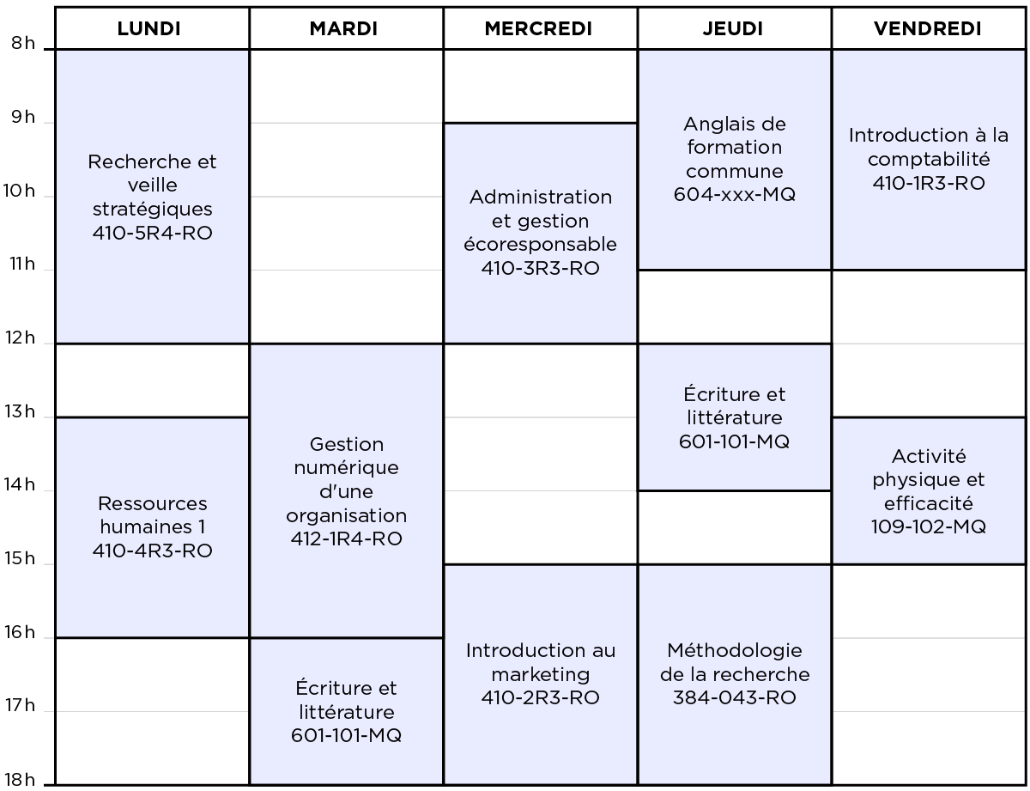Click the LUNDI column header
point(148,29)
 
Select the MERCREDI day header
point(538,29)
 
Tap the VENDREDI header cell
point(927,29)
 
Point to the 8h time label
point(23,43)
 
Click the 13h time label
point(20,411)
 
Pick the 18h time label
point(20,780)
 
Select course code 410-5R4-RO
point(152,233)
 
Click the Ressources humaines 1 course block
point(152,527)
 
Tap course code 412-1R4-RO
point(347,538)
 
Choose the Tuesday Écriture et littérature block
point(347,711)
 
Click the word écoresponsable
point(541,245)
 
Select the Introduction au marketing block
point(541,674)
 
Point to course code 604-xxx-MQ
point(734,194)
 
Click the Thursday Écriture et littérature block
point(734,417)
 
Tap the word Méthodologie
point(734,651)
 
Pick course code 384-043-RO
point(734,697)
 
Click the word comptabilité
point(929,160)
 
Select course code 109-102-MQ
point(929,526)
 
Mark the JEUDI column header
point(733,29)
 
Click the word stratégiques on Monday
point(152,210)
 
